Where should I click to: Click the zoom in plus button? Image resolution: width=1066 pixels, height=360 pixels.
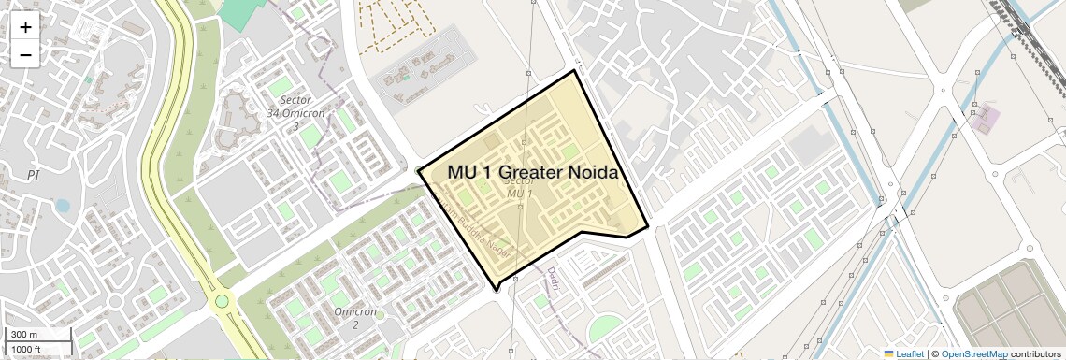25,27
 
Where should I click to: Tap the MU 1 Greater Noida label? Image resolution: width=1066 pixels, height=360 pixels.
532,172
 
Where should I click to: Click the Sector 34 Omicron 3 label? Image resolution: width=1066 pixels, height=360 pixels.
295,112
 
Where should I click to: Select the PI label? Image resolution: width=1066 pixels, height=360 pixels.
34,175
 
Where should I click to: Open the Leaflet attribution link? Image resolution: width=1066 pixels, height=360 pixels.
903,353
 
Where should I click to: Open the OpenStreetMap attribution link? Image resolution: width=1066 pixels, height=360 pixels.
973,353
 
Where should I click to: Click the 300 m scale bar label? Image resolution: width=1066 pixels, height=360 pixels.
24,335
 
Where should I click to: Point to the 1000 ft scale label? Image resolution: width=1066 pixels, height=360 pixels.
26,349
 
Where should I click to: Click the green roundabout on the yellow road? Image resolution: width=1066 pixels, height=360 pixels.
222,301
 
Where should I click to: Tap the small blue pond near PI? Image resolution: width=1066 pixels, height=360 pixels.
62,205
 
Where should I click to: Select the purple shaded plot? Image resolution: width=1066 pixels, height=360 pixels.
985,119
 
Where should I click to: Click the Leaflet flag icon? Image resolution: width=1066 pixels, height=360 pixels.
888,353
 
